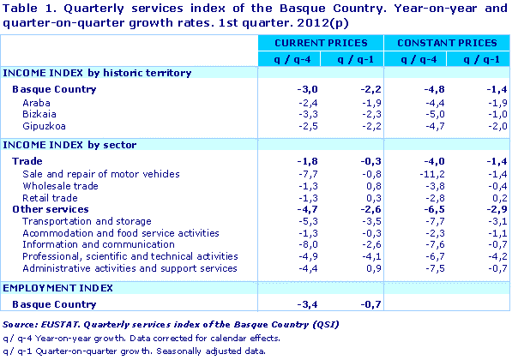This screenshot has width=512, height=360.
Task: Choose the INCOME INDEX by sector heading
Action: [x=70, y=145]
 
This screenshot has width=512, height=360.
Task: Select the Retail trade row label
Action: [x=48, y=197]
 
